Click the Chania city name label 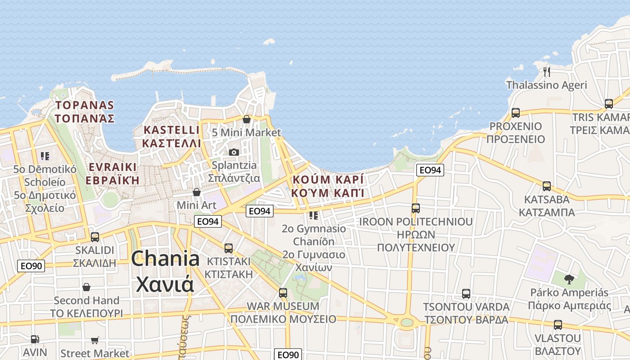click(165, 271)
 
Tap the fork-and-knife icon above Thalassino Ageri click(547, 72)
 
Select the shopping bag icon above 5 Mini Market click(246, 119)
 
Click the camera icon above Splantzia click(234, 152)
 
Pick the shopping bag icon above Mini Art click(197, 192)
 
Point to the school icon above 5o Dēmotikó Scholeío click(45, 156)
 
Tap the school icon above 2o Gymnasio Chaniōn click(314, 216)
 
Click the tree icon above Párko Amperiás click(569, 279)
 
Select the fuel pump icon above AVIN click(35, 339)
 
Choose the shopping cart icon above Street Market click(94, 340)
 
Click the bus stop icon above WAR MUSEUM click(283, 293)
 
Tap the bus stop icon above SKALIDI click(95, 237)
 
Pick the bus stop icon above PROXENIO click(516, 113)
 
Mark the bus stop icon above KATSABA click(547, 186)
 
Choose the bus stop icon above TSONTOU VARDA click(466, 294)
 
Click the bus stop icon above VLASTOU click(558, 325)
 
